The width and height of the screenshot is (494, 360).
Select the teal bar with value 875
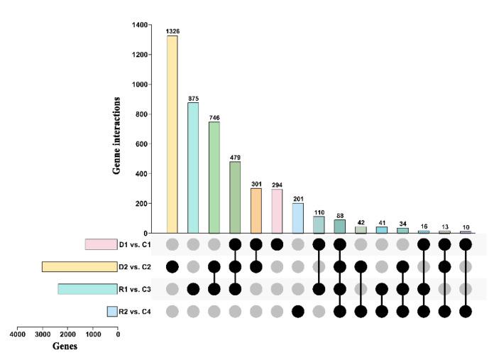tap(193, 168)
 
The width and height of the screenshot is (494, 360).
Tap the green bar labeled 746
tap(214, 177)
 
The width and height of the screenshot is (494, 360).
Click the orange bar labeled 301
tap(256, 210)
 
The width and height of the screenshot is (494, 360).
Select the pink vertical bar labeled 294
tap(277, 211)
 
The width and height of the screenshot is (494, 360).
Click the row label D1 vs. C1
tap(134, 244)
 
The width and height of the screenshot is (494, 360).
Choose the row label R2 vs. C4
tap(134, 311)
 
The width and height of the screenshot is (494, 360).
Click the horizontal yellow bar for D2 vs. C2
tap(79, 267)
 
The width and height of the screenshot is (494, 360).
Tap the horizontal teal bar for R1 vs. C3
tap(87, 289)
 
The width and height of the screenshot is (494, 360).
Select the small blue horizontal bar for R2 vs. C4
tap(111, 311)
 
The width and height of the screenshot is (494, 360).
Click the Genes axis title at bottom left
tap(64, 347)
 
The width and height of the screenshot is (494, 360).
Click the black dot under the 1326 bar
tap(172, 267)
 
